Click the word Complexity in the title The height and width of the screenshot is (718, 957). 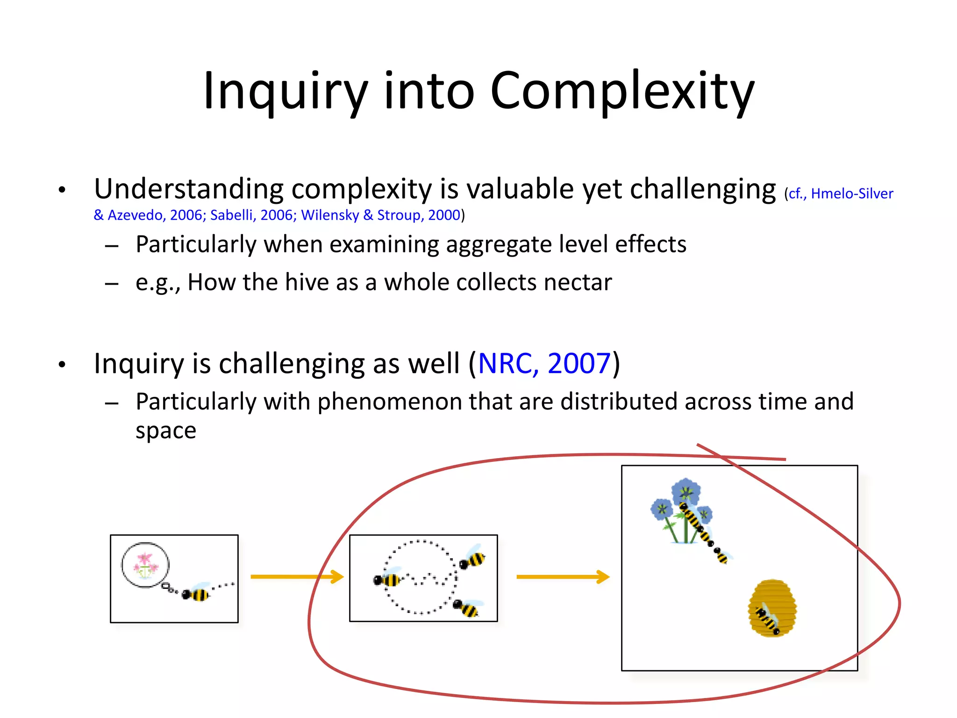pyautogui.click(x=621, y=91)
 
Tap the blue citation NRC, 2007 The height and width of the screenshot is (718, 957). pyautogui.click(x=544, y=363)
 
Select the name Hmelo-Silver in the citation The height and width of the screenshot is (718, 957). pyautogui.click(x=851, y=194)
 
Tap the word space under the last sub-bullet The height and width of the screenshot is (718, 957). pyautogui.click(x=165, y=431)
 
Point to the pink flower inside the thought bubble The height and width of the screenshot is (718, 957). pyautogui.click(x=145, y=564)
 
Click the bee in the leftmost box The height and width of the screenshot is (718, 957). pyautogui.click(x=196, y=594)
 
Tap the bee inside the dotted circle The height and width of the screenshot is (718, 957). pyautogui.click(x=387, y=580)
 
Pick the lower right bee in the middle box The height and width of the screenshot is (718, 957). pyautogui.click(x=467, y=608)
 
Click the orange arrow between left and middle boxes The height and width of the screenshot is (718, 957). pyautogui.click(x=297, y=577)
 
